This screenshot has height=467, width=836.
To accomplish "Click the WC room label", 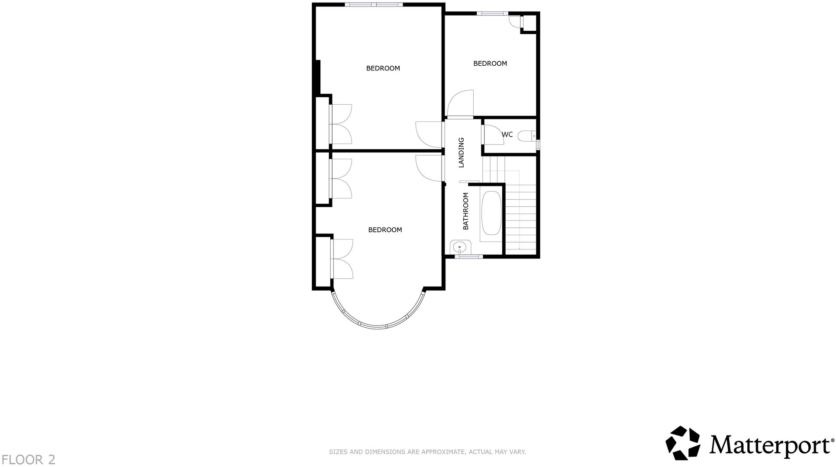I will (x=507, y=134).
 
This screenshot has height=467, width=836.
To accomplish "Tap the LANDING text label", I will (x=461, y=153).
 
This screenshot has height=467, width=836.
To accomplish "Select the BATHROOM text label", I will (x=466, y=211).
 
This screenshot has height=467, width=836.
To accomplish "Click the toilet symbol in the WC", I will (x=527, y=136).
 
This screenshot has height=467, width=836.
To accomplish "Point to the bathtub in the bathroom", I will (x=491, y=213).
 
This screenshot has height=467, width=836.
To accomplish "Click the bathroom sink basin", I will (x=459, y=248).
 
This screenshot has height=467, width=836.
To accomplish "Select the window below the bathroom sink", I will (x=468, y=257).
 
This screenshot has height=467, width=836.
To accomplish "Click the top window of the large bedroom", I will (x=374, y=5).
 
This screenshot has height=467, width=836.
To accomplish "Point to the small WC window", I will (x=538, y=144).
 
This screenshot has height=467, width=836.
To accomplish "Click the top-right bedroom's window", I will (x=492, y=13).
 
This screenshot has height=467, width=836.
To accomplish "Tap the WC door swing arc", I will (x=491, y=134).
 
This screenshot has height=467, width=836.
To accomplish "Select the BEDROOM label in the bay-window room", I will (x=385, y=230).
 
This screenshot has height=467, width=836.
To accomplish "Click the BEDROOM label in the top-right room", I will (x=490, y=64).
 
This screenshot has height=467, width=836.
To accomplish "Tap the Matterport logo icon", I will (x=683, y=443).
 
